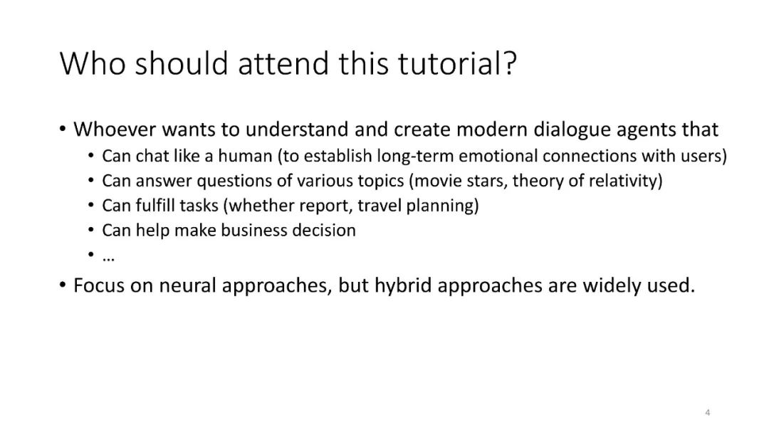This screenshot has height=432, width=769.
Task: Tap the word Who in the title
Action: tap(93, 63)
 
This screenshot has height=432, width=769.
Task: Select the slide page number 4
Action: tap(707, 412)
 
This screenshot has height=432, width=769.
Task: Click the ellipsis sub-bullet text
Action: tap(108, 258)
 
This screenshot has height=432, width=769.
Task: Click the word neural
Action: tap(187, 285)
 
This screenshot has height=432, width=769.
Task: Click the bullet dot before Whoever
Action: tap(62, 130)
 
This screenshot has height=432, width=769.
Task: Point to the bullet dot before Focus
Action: tap(62, 285)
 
